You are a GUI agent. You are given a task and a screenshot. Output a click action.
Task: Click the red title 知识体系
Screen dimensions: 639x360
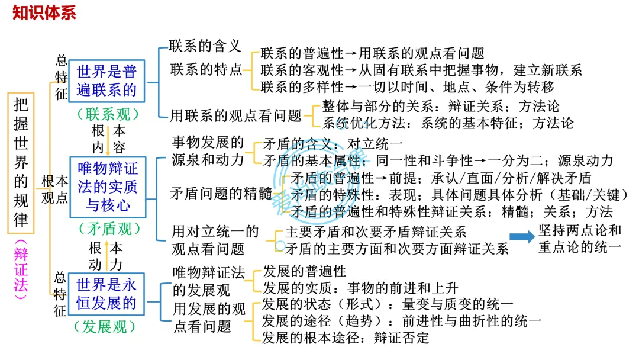click(44, 12)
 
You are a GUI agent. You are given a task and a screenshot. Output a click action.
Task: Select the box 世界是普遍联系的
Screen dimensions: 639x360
click(106, 81)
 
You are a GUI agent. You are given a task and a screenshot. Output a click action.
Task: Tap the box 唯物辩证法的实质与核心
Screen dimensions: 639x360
click(108, 187)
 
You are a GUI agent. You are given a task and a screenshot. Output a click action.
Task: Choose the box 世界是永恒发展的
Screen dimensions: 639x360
click(106, 294)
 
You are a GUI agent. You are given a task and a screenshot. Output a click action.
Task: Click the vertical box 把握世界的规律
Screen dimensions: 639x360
click(21, 163)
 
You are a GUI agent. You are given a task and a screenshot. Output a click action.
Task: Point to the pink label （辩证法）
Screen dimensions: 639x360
click(21, 269)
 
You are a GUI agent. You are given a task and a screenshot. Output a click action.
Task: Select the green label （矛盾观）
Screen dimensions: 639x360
click(108, 229)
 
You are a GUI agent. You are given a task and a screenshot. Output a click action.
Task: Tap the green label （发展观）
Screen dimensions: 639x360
click(105, 327)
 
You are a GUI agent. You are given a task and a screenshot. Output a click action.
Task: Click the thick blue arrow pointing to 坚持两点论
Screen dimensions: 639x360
click(522, 237)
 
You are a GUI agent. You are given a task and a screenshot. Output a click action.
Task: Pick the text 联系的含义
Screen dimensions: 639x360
click(205, 46)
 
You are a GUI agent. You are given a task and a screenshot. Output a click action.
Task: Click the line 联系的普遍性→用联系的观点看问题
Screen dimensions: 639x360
click(373, 53)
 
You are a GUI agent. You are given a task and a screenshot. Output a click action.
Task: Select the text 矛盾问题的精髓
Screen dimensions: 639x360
click(221, 193)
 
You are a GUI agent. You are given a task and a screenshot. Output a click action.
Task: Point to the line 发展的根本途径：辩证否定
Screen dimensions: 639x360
click(345, 337)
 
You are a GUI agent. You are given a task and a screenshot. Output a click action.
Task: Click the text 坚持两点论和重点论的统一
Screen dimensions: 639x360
click(580, 239)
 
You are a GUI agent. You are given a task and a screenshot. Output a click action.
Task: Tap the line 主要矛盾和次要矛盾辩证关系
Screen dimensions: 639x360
click(376, 232)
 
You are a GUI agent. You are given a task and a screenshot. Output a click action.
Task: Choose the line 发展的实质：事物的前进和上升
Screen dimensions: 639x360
click(361, 288)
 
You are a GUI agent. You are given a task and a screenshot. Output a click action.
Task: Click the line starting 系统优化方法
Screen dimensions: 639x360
click(448, 123)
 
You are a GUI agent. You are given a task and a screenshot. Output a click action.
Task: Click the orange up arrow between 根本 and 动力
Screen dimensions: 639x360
click(107, 256)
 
